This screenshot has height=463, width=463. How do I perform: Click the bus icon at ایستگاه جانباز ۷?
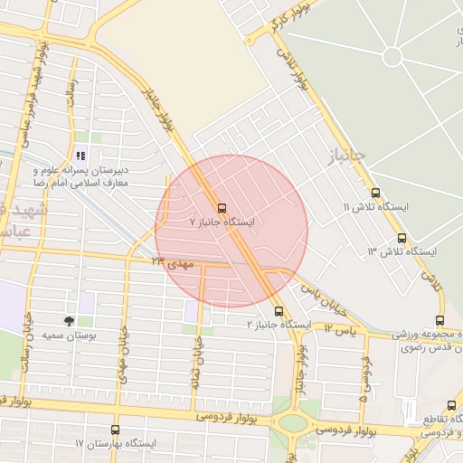coord(222,207)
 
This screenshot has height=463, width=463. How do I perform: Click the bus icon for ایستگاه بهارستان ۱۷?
coord(115,430)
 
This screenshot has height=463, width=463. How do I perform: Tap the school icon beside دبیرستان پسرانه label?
coord(80,156)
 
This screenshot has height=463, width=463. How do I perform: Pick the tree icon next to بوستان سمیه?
coord(69,321)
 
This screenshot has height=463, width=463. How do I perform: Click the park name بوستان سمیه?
coord(43,335)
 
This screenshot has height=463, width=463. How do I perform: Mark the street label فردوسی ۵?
coord(364,381)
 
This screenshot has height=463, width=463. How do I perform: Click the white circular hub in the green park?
coord(392,56)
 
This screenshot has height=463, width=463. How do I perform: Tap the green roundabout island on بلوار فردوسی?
coord(292,422)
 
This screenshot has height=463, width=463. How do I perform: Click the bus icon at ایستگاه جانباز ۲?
coord(277,311)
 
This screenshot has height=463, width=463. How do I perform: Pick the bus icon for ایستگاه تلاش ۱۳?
coord(402,238)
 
